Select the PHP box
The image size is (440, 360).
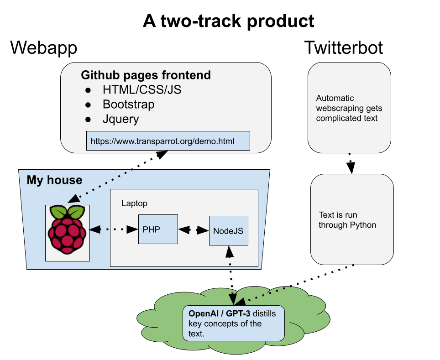tap(157, 230)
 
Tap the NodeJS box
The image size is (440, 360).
tap(228, 230)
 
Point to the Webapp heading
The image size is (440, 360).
tap(43, 47)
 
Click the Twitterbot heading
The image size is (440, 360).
tap(344, 47)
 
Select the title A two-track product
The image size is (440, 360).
tap(229, 21)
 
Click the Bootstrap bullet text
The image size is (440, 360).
tap(128, 104)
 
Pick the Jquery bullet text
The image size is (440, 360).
tap(120, 119)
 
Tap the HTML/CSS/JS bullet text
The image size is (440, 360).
tap(141, 89)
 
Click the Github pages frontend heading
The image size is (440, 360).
tap(146, 75)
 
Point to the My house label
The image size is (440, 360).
tap(54, 180)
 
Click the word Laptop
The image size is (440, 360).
tap(134, 203)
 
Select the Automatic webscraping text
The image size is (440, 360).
tap(349, 108)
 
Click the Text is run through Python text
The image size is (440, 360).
tap(347, 220)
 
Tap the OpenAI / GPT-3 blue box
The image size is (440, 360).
tap(233, 323)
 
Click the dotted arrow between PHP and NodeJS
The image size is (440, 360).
tap(193, 230)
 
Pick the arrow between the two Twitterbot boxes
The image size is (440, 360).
tap(350, 163)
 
